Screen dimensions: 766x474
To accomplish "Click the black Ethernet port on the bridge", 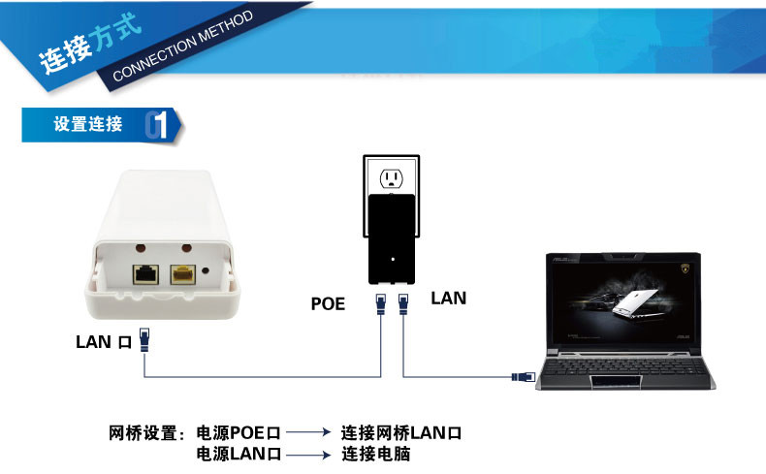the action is coord(145,274).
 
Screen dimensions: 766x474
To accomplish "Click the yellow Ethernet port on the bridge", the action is coord(182,274).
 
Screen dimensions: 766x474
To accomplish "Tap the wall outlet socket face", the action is coord(392,179).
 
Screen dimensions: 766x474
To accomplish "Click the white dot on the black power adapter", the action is coord(393,259).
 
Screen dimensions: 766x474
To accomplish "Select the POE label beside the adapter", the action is coord(328,304).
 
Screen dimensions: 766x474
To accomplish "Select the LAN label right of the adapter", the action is coord(449,299).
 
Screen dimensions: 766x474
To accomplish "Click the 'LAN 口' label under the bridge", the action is coord(104,342).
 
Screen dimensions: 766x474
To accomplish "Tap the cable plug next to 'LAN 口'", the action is coord(144,340).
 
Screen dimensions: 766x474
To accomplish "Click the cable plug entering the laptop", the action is coord(524,377).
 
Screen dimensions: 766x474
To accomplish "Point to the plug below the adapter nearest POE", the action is coord(381,303).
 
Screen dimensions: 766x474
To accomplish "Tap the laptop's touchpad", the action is coord(616,382).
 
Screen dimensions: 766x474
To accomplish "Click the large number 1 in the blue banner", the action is coord(160,125).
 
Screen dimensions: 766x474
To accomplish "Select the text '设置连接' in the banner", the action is coord(88,124).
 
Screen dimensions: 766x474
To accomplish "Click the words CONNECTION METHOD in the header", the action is coord(183,46).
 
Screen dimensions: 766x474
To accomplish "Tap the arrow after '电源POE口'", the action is coord(308,432).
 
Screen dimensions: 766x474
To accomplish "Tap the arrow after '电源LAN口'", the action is coord(308,455).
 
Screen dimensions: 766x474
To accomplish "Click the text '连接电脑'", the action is coord(375,454).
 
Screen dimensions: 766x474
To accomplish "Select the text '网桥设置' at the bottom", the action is coord(143,433).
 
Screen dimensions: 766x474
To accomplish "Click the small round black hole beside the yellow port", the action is coord(206,270).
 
